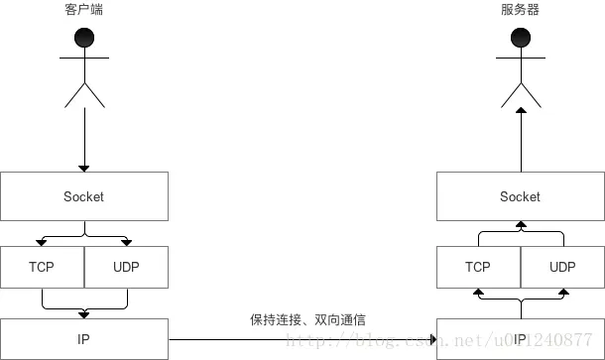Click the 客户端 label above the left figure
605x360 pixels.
[84, 10]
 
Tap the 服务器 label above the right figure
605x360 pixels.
[520, 10]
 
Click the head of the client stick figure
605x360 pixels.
[84, 39]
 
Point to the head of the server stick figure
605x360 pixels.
[520, 39]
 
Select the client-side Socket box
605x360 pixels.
[84, 196]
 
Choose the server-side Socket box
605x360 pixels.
[520, 196]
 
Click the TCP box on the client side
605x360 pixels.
[43, 267]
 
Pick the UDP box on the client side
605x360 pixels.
[126, 267]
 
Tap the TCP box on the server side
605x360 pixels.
[478, 267]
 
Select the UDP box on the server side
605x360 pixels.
[562, 267]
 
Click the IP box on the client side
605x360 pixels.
[84, 338]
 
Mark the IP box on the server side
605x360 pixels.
[520, 338]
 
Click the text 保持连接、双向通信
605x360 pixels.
[313, 320]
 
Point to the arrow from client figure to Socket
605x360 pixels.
[84, 139]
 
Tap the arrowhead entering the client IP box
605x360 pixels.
[84, 314]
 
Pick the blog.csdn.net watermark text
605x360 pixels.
[436, 340]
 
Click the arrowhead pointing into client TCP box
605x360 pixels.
[43, 241]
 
